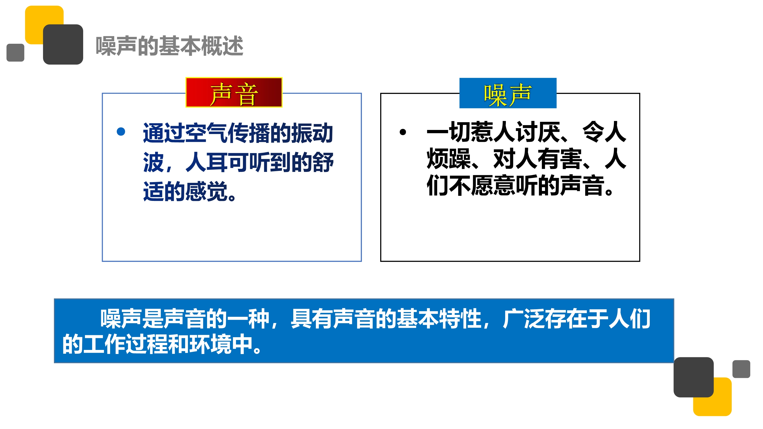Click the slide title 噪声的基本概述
(x=169, y=46)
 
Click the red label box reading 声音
(x=234, y=92)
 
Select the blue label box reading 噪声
(x=508, y=93)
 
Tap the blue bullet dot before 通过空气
(x=121, y=131)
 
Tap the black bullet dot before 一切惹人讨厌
(x=403, y=132)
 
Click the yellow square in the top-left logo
(x=45, y=25)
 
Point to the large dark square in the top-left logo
(x=63, y=45)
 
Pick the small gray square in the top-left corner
(x=16, y=53)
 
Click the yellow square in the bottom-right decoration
(x=712, y=397)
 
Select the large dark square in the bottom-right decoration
(x=694, y=377)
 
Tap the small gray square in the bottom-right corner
(x=741, y=369)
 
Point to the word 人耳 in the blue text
(x=206, y=162)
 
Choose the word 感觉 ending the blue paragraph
(x=206, y=191)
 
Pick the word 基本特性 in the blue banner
(x=439, y=319)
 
